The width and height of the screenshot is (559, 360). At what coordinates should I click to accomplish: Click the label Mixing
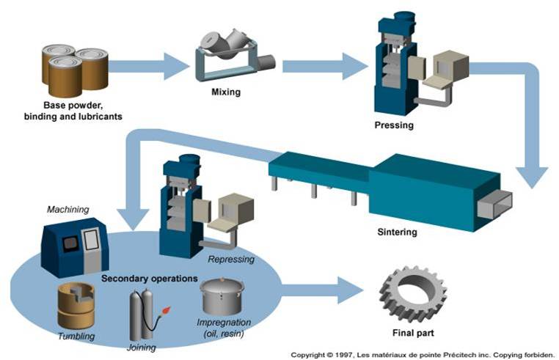(225, 92)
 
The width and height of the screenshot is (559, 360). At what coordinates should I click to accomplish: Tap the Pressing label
(394, 125)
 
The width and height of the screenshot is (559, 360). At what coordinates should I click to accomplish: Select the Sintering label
(397, 232)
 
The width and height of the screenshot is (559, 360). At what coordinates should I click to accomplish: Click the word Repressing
(231, 259)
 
